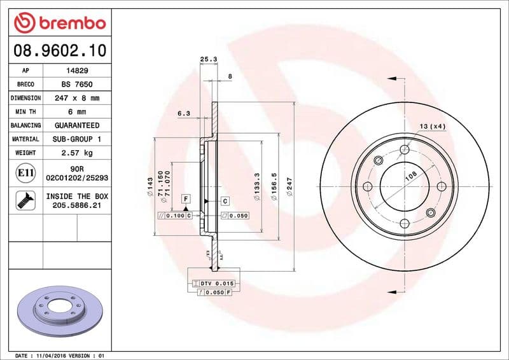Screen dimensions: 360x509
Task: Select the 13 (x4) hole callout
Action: pos(433,126)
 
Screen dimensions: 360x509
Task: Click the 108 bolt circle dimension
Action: pos(411,176)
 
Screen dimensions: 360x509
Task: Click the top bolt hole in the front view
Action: pos(404,150)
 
